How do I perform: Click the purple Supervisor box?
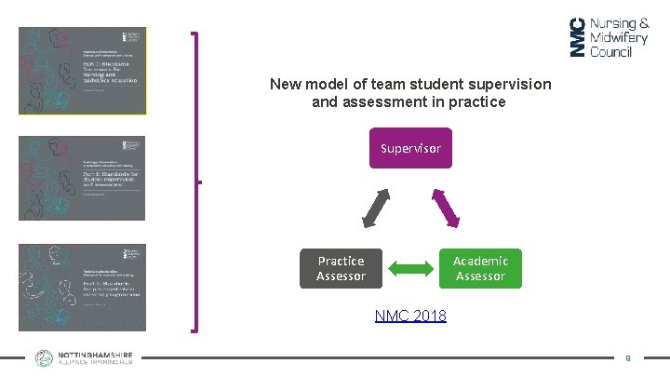(x=410, y=148)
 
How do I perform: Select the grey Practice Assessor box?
(x=341, y=268)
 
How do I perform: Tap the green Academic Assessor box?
(x=480, y=268)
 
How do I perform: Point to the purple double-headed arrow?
(x=446, y=209)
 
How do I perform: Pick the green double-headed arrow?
(x=410, y=269)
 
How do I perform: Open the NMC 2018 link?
(x=410, y=316)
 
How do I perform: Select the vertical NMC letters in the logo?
(x=577, y=37)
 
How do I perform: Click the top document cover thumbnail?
(x=82, y=70)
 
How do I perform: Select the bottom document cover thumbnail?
(x=82, y=288)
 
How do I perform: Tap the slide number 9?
(x=628, y=357)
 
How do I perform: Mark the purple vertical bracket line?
(x=195, y=182)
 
